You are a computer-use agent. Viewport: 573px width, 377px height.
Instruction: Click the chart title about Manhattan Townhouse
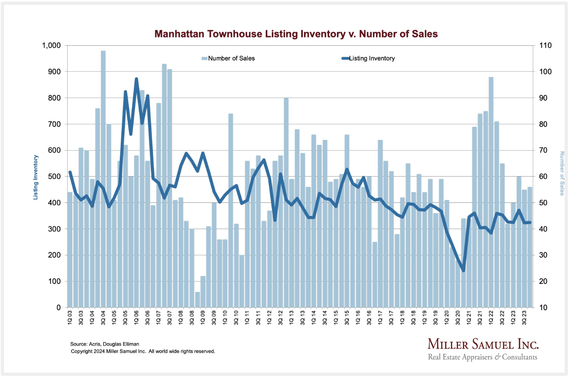[296, 34]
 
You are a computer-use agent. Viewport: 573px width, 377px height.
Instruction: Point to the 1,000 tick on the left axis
[51, 45]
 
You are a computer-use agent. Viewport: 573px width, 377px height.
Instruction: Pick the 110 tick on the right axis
[545, 45]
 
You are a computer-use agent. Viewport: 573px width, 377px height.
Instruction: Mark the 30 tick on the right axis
[543, 255]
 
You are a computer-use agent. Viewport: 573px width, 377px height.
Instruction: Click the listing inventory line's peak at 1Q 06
[136, 79]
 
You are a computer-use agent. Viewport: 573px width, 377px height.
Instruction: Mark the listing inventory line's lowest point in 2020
[463, 270]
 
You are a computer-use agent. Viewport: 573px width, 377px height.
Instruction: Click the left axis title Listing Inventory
[36, 177]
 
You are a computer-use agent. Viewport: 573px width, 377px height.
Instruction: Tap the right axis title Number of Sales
[562, 173]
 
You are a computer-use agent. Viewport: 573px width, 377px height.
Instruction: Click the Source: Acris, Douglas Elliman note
[105, 344]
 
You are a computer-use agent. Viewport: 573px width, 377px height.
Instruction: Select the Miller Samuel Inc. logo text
[483, 344]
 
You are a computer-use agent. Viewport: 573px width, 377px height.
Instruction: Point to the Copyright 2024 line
[143, 351]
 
